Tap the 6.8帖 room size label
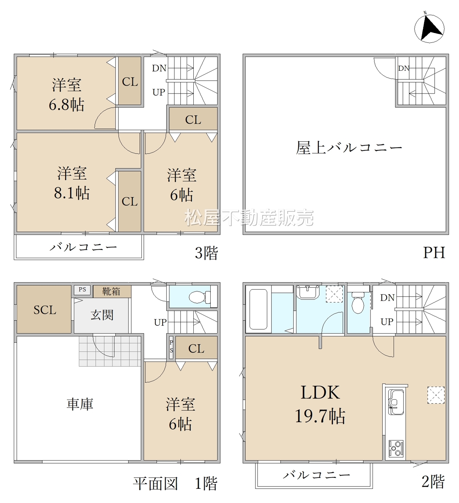click(66, 105)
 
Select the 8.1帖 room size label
click(72, 193)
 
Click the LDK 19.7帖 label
click(320, 404)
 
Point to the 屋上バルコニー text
click(349, 147)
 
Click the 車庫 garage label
click(80, 404)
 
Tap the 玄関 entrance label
click(102, 315)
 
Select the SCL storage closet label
click(45, 310)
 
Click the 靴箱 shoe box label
click(111, 291)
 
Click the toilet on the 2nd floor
click(358, 302)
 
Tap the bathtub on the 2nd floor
click(258, 309)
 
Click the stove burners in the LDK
click(396, 448)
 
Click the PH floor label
click(434, 253)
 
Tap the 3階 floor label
click(206, 253)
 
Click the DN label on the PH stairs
click(404, 68)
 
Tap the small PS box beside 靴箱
click(82, 290)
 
